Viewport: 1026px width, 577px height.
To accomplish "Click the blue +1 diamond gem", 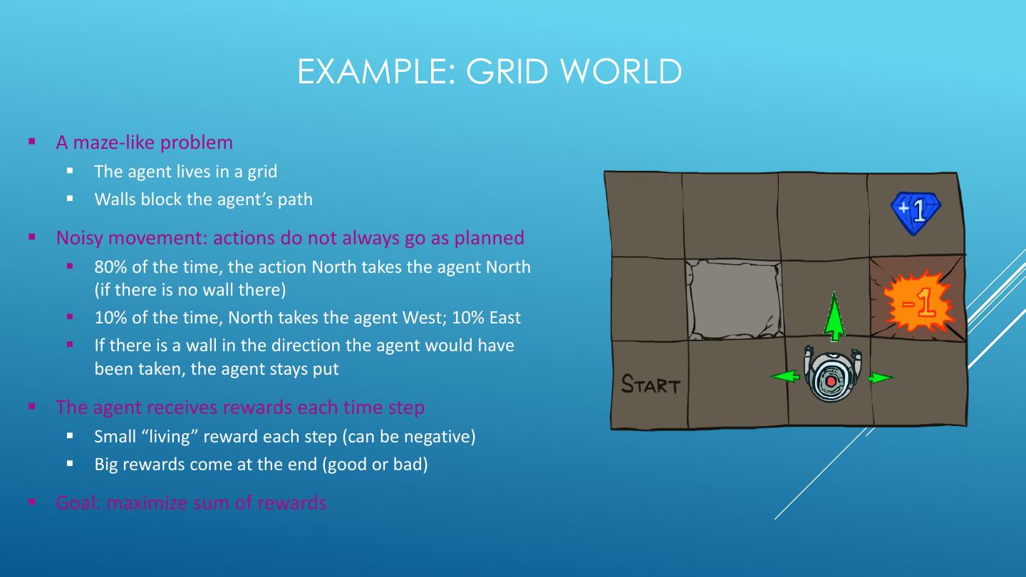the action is pyautogui.click(x=916, y=212).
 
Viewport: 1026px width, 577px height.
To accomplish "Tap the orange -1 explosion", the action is pyautogui.click(x=918, y=302).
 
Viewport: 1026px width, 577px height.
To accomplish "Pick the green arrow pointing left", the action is pyautogui.click(x=785, y=375).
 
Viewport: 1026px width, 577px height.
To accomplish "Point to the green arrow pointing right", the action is pyautogui.click(x=881, y=378).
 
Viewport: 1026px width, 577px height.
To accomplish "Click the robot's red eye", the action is pyautogui.click(x=831, y=382).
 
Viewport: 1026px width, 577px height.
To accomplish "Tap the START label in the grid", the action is pyautogui.click(x=651, y=385).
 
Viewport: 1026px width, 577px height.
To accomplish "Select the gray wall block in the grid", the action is pyautogui.click(x=734, y=298).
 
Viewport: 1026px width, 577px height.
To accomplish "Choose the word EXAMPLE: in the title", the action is pyautogui.click(x=377, y=72).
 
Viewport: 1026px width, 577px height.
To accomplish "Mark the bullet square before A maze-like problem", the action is pyautogui.click(x=32, y=141).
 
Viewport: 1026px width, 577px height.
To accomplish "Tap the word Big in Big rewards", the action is pyautogui.click(x=107, y=464).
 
